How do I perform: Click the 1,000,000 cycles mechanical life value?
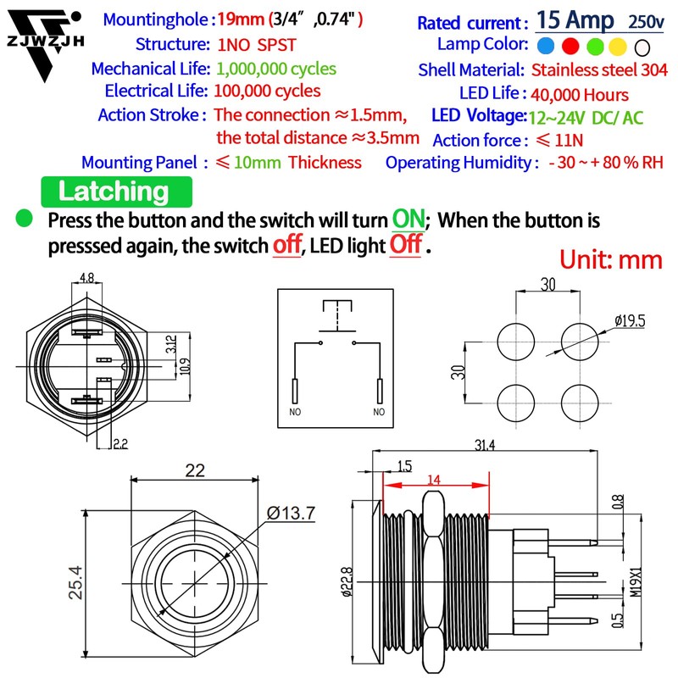(275, 69)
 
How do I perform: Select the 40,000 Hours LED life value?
(580, 94)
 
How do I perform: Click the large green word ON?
(408, 219)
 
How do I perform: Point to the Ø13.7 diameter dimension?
(291, 513)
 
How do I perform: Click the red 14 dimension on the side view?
(434, 480)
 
